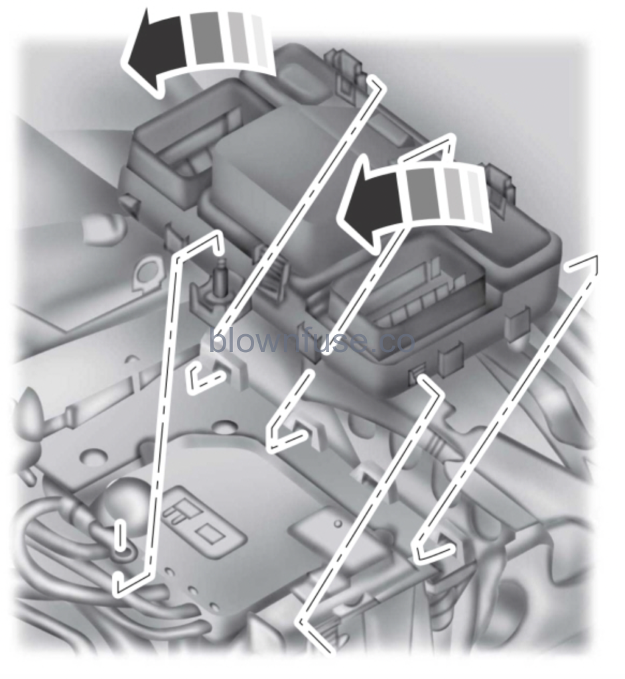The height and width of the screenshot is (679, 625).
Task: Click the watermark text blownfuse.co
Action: pyautogui.click(x=312, y=342)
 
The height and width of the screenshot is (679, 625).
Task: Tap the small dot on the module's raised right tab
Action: pyautogui.click(x=339, y=525)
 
